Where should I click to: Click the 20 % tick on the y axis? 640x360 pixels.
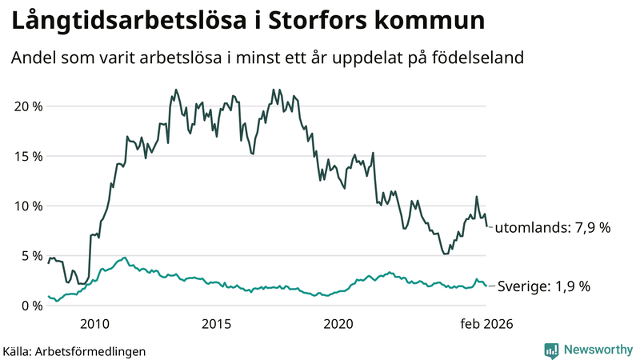pyautogui.click(x=27, y=106)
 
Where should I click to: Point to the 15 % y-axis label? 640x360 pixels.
pyautogui.click(x=27, y=156)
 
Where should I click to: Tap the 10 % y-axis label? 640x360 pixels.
pyautogui.click(x=27, y=206)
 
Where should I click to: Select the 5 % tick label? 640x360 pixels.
pyautogui.click(x=30, y=256)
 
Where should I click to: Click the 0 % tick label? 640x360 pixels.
pyautogui.click(x=30, y=306)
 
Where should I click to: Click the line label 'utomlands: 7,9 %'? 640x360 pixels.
pyautogui.click(x=552, y=228)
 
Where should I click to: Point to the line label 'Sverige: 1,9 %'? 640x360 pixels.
pyautogui.click(x=544, y=286)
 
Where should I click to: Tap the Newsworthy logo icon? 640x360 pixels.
pyautogui.click(x=551, y=350)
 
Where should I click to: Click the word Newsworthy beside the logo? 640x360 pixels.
pyautogui.click(x=596, y=350)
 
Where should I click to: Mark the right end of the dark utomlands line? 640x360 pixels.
pyautogui.click(x=487, y=226)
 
